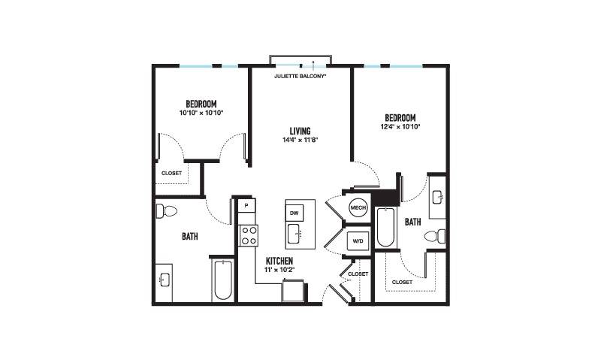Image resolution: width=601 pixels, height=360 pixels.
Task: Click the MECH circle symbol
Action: (x=358, y=207)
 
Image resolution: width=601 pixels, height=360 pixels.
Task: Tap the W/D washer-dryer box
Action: (x=358, y=241)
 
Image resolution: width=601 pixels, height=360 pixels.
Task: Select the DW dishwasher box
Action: (x=294, y=213)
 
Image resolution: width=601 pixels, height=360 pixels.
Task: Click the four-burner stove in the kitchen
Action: (x=249, y=235)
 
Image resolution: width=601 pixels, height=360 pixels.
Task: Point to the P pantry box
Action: (x=246, y=205)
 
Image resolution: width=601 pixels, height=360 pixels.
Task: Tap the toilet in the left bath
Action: (x=166, y=211)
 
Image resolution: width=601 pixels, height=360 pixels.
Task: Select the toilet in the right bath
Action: (x=435, y=236)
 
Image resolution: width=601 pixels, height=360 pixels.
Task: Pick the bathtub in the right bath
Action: (x=385, y=227)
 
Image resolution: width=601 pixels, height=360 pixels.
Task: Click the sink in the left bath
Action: (x=164, y=280)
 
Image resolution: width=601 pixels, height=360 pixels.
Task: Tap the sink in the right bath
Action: (x=438, y=197)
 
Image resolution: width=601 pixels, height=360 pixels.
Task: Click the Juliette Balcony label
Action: (x=300, y=77)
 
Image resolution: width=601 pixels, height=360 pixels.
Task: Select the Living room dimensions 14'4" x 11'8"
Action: (x=300, y=140)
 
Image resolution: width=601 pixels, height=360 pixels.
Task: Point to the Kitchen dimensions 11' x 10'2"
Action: (x=279, y=270)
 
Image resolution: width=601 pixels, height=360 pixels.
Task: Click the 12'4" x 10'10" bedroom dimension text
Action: (x=400, y=126)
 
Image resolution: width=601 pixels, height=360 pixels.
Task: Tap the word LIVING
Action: (x=300, y=131)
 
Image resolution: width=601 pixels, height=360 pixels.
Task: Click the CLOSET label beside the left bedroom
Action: (x=172, y=174)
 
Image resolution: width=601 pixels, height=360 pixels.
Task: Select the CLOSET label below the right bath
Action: (x=402, y=282)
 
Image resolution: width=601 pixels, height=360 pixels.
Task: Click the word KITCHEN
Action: (x=279, y=261)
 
